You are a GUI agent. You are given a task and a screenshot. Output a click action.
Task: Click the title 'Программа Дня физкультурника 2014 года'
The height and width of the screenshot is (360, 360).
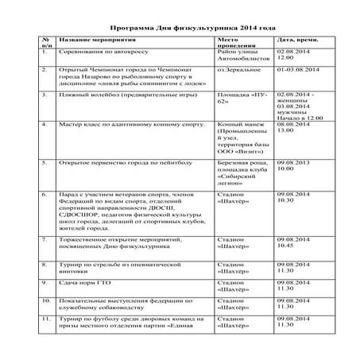179,25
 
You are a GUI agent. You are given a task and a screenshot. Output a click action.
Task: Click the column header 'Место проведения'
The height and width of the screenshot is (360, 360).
234,42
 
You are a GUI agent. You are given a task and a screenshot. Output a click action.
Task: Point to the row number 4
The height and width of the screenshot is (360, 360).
45,125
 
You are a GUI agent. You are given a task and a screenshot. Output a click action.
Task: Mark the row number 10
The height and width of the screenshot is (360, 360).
46,301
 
